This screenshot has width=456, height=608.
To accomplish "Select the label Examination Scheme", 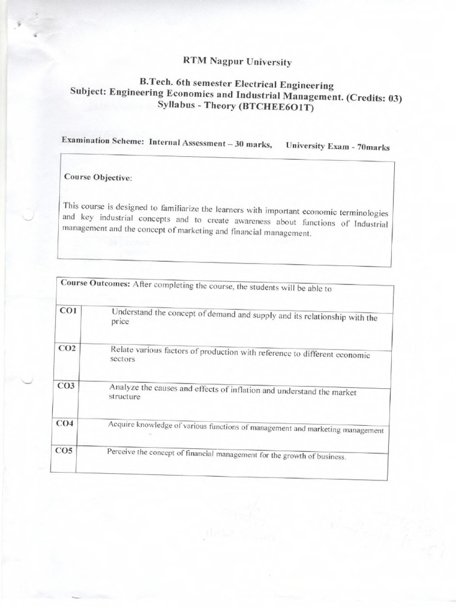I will click(103, 141).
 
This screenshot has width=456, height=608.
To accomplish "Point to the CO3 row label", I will click(66, 386).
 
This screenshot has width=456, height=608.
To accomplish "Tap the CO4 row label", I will click(65, 423).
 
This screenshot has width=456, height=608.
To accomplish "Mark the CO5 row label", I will click(64, 451).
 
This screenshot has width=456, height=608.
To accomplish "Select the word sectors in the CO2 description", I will click(123, 359).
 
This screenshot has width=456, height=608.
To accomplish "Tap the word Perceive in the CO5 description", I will click(121, 451).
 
